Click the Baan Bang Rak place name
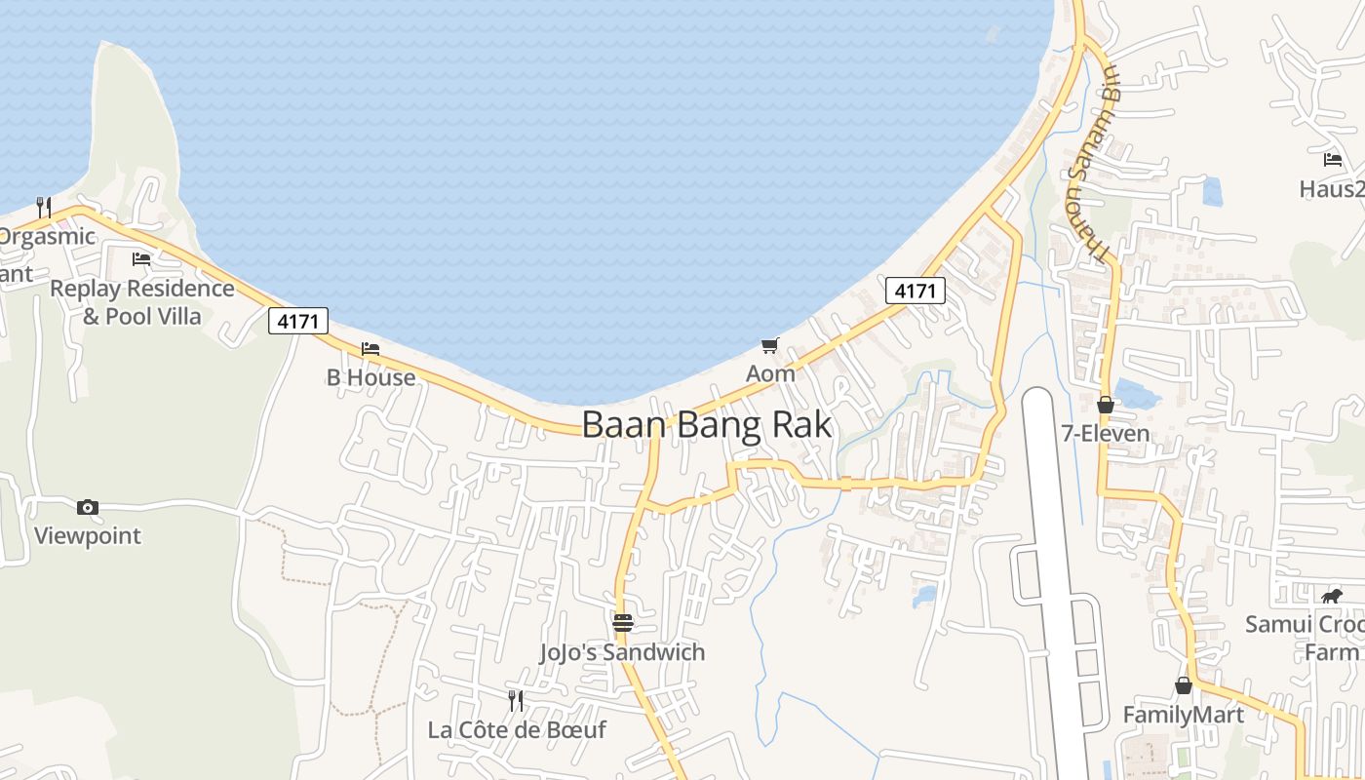707,425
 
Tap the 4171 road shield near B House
298,321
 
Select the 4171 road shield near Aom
916,290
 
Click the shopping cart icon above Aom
770,345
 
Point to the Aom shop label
770,373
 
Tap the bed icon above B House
370,349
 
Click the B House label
370,377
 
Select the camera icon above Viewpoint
88,507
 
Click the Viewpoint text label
88,535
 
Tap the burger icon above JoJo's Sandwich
622,623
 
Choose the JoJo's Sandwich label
622,652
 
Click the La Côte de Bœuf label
517,729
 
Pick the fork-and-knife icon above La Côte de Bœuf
516,700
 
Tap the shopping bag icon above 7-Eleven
1106,405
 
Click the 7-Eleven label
1106,433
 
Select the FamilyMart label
1183,715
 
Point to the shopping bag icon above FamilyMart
1183,686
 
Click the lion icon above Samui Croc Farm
1331,596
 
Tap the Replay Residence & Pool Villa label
142,302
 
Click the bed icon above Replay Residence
141,259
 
